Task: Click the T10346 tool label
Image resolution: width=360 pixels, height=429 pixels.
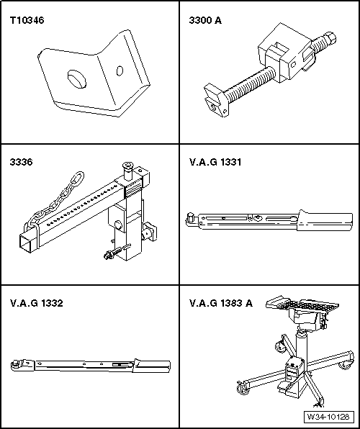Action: [x=27, y=20]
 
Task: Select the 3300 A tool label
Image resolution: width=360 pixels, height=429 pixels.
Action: [x=205, y=20]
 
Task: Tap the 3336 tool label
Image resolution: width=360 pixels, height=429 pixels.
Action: [x=21, y=162]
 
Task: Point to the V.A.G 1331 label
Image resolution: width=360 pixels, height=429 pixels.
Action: [x=215, y=162]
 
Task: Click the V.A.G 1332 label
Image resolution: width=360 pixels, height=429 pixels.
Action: [x=37, y=303]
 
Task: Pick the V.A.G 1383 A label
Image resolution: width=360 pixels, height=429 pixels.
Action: [x=221, y=303]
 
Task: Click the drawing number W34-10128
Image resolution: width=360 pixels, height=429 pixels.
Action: [x=328, y=417]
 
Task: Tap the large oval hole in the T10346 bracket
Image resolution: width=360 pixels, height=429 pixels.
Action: [x=77, y=79]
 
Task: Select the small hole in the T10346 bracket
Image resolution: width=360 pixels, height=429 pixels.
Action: [x=120, y=71]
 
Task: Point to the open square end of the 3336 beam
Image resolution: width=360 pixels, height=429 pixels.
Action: [x=27, y=243]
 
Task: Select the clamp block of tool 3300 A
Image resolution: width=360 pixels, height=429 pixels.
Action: [x=284, y=53]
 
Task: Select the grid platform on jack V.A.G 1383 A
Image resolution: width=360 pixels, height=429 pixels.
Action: [x=302, y=304]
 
